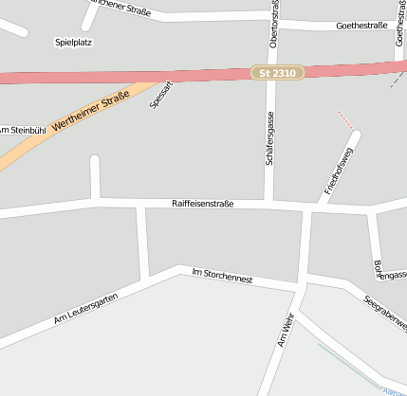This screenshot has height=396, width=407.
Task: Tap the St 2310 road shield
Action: coord(278,73)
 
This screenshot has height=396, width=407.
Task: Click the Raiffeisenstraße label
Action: coord(202,204)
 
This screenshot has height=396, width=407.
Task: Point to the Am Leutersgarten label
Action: coord(84,305)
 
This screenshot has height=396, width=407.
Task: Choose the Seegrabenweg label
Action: coord(385,314)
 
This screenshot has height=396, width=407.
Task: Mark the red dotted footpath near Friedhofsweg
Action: coord(347,120)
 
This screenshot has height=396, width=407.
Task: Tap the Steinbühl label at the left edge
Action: coord(21,130)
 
